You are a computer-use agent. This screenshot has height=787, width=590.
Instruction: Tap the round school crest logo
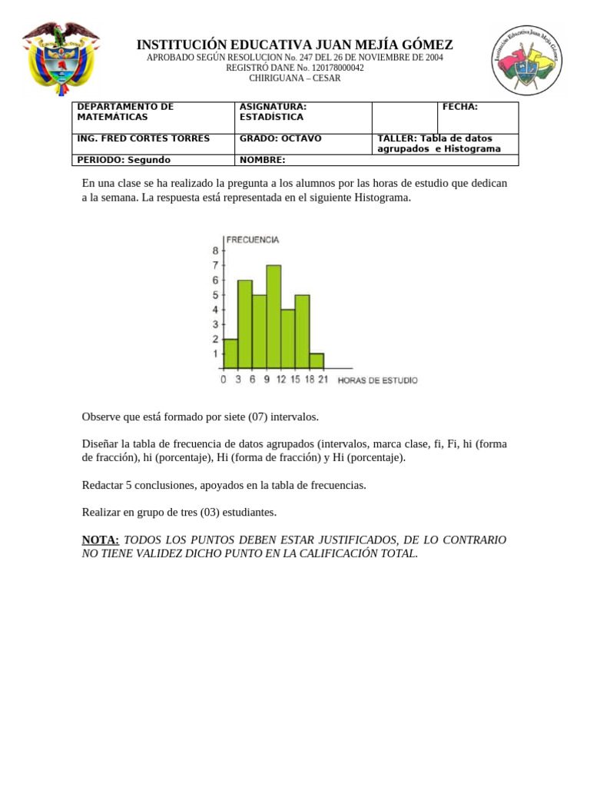[527, 60]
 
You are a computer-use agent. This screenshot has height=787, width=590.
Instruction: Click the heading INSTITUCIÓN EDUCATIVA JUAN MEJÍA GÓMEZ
[294, 45]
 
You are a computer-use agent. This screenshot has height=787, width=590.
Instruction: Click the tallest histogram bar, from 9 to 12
[273, 317]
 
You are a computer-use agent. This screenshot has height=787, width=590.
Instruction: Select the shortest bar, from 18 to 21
[317, 360]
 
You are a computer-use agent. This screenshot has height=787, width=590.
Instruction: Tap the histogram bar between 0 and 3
[230, 354]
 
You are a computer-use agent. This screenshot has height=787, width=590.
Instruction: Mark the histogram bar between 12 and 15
[288, 339]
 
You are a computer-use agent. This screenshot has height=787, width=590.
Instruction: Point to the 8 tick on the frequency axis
[215, 251]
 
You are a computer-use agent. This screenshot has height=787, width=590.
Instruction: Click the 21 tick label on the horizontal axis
[323, 380]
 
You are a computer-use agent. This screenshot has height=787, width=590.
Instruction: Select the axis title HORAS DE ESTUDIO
[378, 380]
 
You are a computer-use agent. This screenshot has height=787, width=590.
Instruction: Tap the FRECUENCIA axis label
[252, 240]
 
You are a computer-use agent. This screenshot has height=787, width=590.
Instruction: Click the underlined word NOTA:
[101, 540]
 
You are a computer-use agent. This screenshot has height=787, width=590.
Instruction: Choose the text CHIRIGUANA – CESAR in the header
[294, 78]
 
